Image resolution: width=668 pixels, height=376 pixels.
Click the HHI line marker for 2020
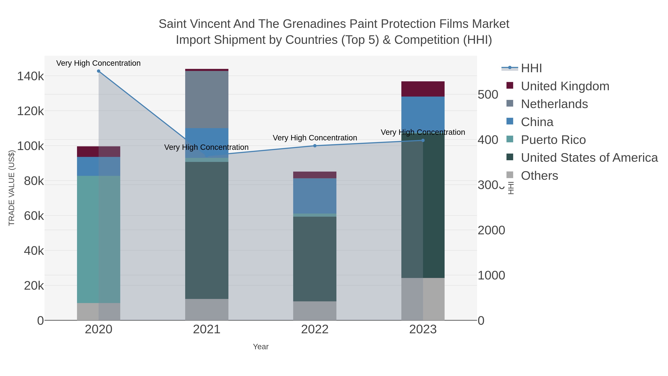[99, 71]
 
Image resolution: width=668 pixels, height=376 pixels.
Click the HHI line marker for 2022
[315, 146]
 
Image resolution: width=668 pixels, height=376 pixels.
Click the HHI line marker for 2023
[423, 140]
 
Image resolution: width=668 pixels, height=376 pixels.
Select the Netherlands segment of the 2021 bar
[207, 99]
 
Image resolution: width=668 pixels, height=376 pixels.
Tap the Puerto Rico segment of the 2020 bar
[99, 239]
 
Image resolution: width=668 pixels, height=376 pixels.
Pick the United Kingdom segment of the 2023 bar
[423, 89]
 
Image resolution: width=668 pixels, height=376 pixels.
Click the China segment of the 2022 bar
[315, 196]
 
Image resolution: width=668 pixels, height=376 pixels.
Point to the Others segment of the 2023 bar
[423, 299]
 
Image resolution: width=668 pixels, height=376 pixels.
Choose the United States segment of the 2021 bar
[207, 230]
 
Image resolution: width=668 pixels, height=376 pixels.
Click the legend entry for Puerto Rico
[553, 140]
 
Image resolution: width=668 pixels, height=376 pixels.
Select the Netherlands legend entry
[554, 104]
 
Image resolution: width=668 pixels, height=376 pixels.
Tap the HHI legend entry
[531, 68]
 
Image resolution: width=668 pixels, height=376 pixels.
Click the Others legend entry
[539, 176]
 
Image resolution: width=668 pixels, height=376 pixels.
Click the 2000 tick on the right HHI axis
[491, 230]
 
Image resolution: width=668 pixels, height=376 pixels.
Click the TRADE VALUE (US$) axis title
[12, 188]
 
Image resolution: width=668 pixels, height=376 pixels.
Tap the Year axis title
[261, 347]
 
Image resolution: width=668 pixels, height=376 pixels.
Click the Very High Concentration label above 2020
[99, 63]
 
